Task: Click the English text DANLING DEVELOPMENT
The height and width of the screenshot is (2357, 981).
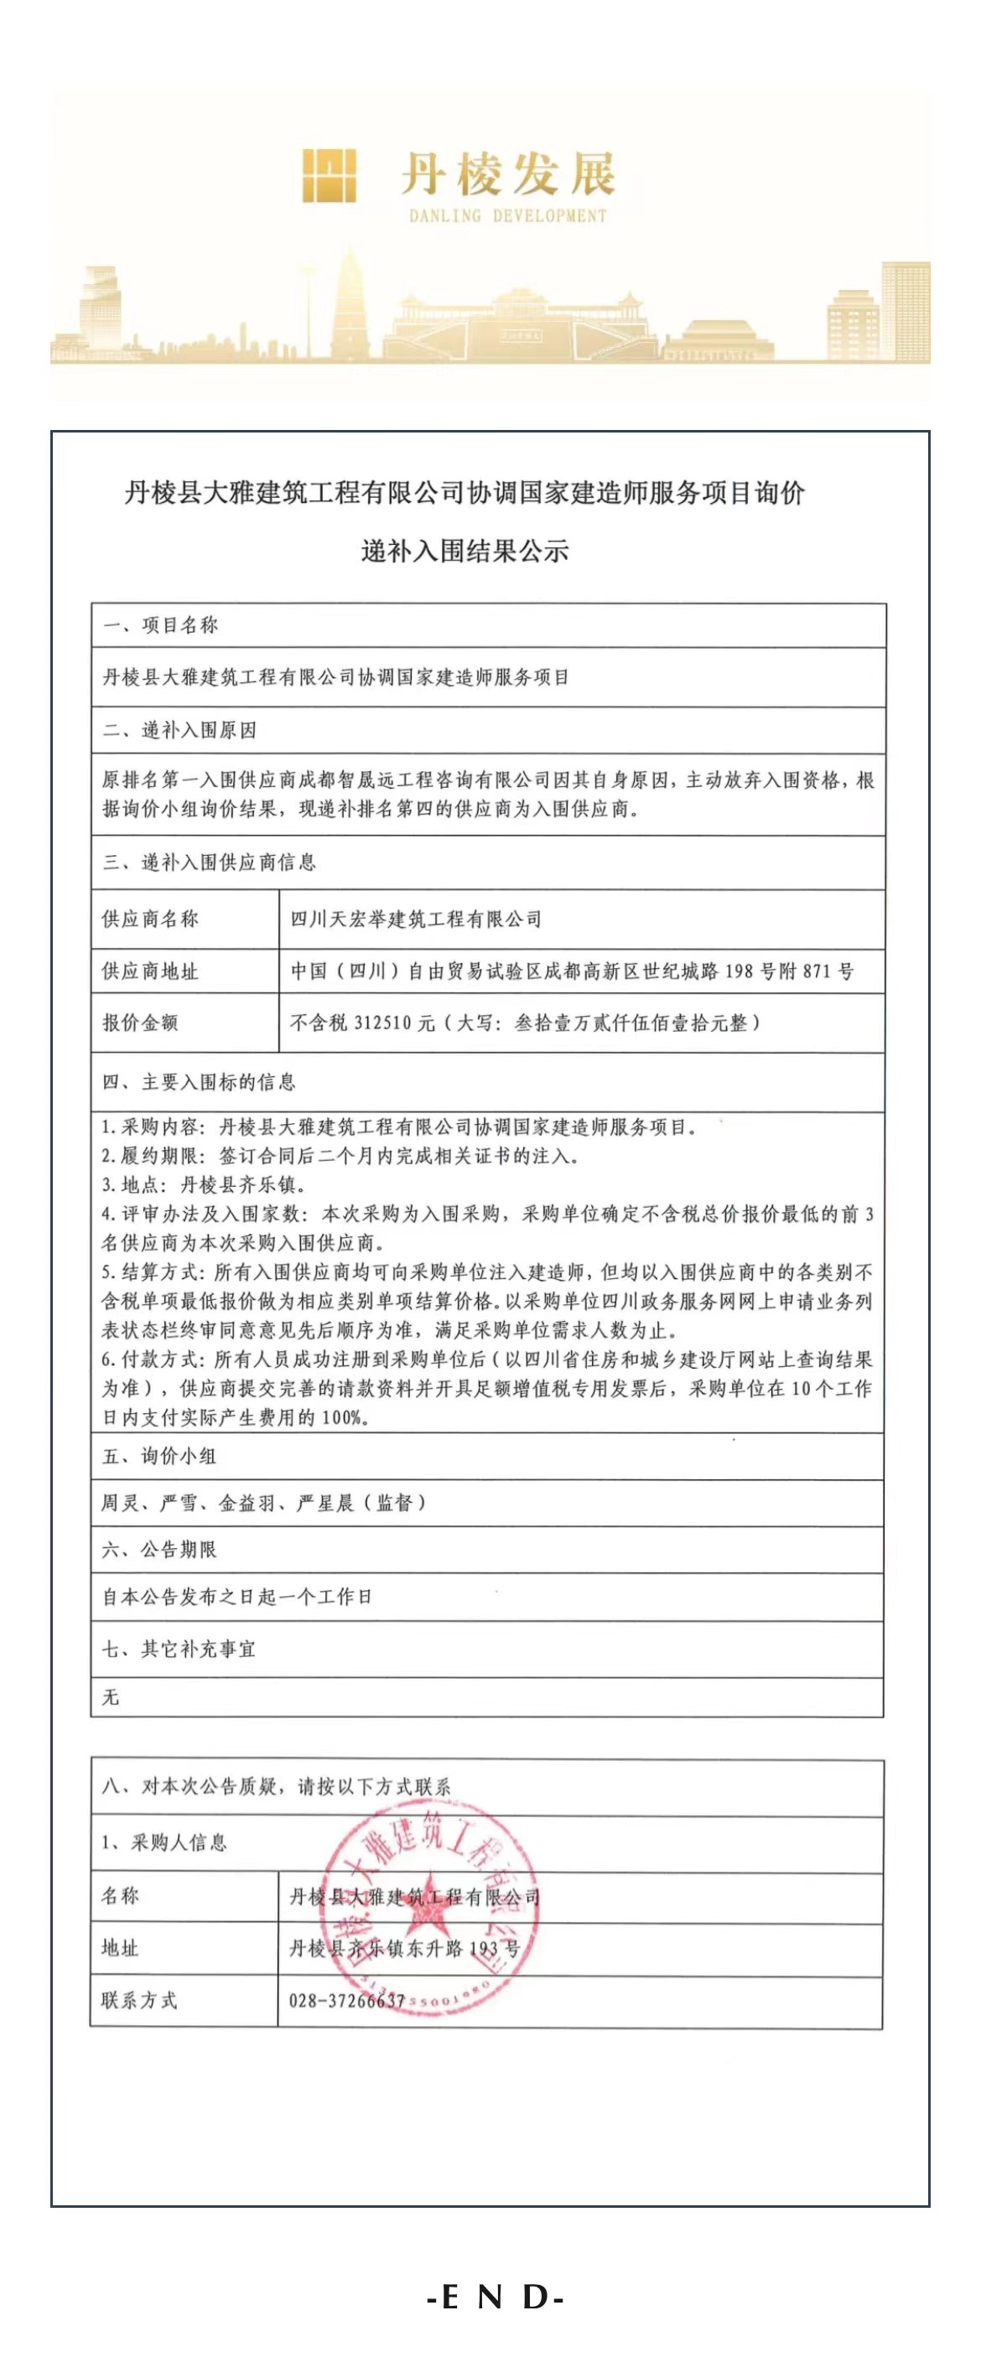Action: [507, 217]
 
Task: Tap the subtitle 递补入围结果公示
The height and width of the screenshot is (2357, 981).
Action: [465, 551]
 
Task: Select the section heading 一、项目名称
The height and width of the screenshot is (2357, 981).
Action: [160, 626]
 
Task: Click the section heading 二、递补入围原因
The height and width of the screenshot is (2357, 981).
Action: [179, 730]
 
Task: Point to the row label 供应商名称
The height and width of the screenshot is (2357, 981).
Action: [150, 919]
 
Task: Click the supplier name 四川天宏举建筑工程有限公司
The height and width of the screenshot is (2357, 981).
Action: [417, 919]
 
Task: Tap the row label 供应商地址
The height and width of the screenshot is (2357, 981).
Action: [150, 971]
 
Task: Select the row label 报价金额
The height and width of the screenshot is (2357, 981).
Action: [140, 1023]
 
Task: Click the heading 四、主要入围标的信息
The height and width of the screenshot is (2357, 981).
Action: [200, 1082]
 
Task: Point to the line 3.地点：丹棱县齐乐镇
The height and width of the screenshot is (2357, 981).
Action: [203, 1185]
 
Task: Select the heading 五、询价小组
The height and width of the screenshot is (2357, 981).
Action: [159, 1456]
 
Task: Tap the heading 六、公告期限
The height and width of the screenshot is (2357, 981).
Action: [159, 1549]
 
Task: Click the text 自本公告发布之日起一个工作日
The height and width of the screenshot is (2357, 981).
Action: [237, 1597]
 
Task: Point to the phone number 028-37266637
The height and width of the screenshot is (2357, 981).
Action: [347, 2000]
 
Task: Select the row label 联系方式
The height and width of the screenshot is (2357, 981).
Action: [139, 2000]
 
